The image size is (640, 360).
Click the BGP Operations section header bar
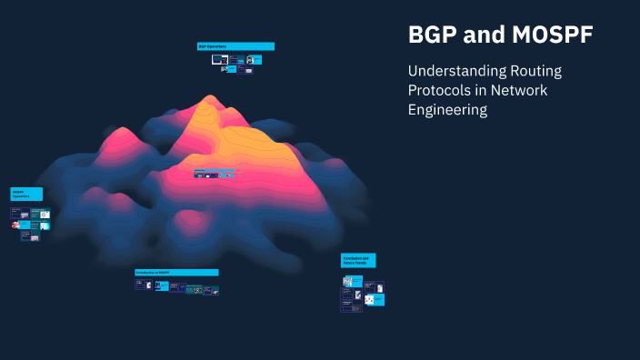[x=235, y=45]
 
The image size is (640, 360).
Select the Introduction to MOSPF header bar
[x=176, y=272]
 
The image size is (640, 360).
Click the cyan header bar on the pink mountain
[x=214, y=169]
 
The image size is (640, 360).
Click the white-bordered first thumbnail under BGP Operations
[x=219, y=59]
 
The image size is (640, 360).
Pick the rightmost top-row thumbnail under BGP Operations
[x=255, y=60]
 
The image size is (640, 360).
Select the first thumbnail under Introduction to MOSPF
[x=140, y=285]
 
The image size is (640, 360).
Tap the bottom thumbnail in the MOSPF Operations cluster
[x=35, y=236]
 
